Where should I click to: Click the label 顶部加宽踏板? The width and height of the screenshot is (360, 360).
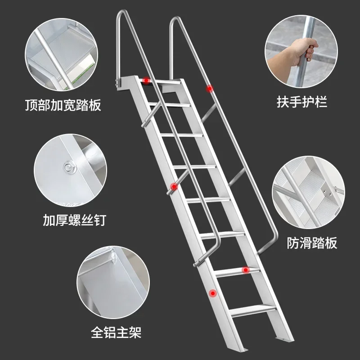tap(63, 106)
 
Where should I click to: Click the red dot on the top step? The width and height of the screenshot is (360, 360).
tap(146, 81)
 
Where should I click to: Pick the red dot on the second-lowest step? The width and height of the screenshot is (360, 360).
tap(245, 270)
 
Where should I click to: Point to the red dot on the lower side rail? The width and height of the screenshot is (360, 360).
tap(212, 293)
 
